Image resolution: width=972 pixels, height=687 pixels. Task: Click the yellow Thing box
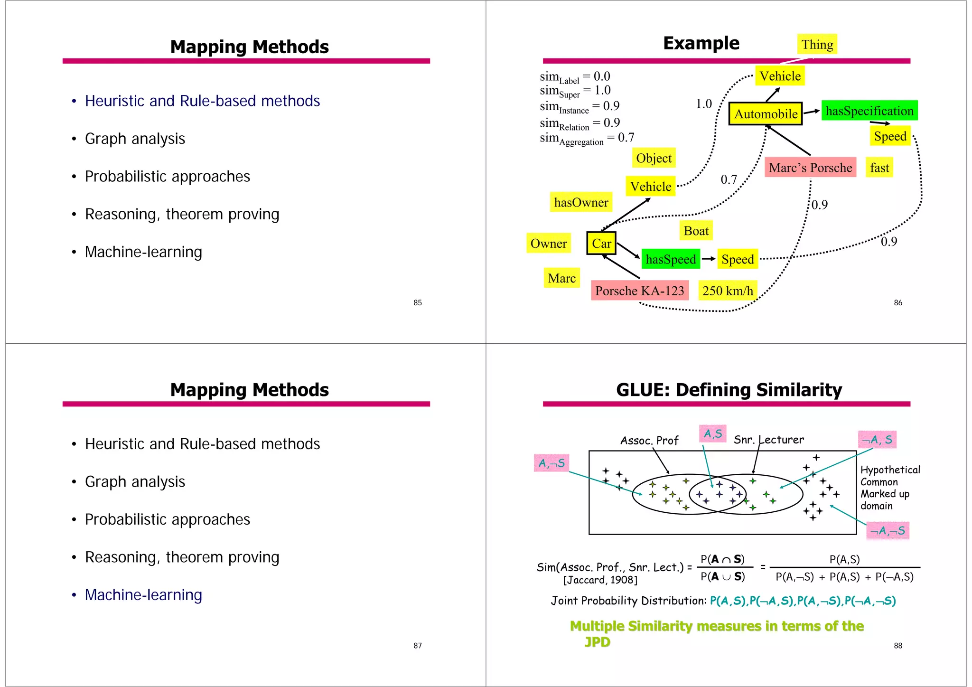(817, 45)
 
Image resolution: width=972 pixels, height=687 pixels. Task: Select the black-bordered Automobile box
(765, 114)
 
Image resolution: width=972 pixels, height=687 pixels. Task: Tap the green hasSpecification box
(869, 111)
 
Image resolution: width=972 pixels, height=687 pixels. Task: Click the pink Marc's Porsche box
(810, 168)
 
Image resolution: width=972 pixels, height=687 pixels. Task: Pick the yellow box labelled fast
(879, 168)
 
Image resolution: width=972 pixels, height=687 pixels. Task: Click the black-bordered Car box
(601, 244)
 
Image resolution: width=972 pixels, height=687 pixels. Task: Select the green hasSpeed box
(670, 259)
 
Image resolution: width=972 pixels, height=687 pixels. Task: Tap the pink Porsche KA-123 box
(639, 291)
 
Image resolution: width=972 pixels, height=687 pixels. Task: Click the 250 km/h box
(727, 291)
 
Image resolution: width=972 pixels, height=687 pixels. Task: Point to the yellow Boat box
(696, 231)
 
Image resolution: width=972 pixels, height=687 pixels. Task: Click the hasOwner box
(580, 202)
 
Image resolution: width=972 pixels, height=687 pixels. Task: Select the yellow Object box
(654, 158)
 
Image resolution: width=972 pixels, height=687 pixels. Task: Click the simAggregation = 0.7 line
(587, 138)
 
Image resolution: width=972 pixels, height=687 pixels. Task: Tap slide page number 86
(897, 303)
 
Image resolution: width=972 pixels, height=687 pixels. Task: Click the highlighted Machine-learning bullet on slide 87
(143, 595)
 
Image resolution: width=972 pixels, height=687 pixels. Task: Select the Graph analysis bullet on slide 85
(135, 139)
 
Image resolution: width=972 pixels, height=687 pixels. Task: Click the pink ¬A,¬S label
(887, 530)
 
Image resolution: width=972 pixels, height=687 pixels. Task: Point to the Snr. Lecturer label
(768, 440)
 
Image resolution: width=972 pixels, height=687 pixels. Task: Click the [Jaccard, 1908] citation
(600, 580)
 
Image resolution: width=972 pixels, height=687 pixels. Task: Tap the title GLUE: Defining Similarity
(729, 390)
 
